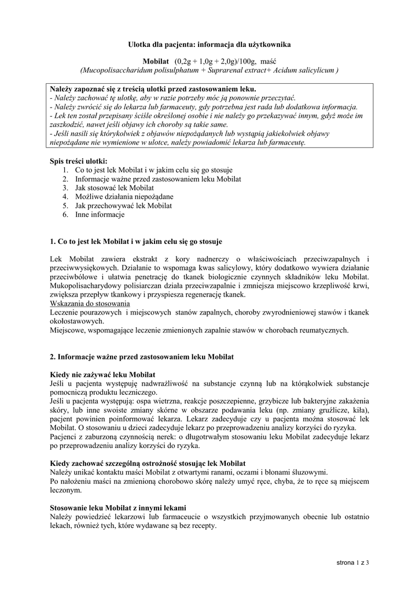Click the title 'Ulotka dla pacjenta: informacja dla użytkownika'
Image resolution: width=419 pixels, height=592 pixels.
[x=209, y=44]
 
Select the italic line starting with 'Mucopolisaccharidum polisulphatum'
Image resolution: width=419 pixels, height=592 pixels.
[x=209, y=70]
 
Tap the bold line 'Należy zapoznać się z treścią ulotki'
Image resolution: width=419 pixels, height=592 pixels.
[x=153, y=90]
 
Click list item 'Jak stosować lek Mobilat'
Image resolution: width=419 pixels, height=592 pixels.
[x=114, y=188]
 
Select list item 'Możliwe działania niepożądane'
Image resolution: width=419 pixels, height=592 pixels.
[x=124, y=197]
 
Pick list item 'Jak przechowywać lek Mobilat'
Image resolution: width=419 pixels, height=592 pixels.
[x=123, y=206]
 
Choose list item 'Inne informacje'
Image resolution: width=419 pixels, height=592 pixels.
[x=100, y=214]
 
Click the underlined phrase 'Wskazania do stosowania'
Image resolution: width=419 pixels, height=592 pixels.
[x=90, y=304]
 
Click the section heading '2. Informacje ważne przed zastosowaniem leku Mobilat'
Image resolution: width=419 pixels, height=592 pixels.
[x=142, y=357]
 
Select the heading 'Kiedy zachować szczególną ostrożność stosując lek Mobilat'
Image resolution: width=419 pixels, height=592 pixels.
[x=148, y=464]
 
